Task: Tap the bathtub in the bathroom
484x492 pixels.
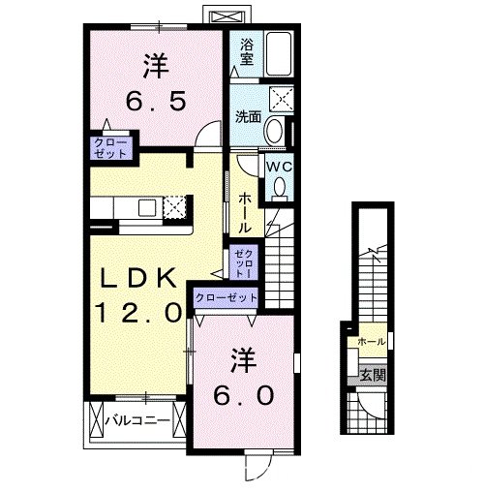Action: (x=280, y=52)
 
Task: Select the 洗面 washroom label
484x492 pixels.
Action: (x=247, y=117)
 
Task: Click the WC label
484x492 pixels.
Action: (x=279, y=166)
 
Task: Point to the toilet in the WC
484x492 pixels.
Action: (x=280, y=187)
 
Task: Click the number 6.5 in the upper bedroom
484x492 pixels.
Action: (x=158, y=98)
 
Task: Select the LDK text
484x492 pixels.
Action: (x=140, y=279)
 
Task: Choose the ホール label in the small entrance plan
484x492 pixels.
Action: (x=371, y=342)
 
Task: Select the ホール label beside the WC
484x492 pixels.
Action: (x=244, y=210)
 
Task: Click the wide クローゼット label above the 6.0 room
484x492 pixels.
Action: (x=226, y=297)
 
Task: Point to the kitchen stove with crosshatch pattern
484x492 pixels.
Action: (x=175, y=207)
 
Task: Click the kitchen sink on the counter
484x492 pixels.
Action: (x=146, y=206)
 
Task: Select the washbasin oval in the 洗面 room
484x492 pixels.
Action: (x=274, y=132)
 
